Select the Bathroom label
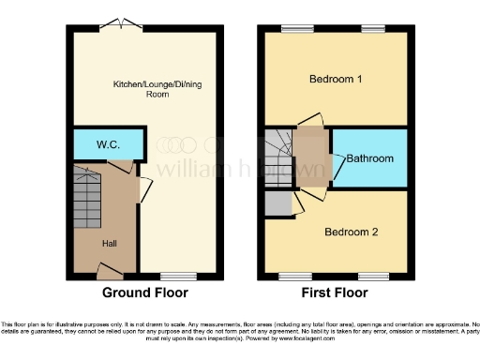click(369, 158)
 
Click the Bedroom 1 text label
click(336, 79)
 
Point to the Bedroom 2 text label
click(351, 231)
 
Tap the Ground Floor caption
click(144, 292)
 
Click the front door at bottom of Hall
click(110, 273)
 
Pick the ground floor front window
click(177, 277)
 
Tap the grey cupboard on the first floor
click(277, 202)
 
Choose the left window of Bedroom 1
click(298, 27)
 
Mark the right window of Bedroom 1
click(373, 27)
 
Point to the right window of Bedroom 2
click(373, 277)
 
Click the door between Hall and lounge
click(143, 190)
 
